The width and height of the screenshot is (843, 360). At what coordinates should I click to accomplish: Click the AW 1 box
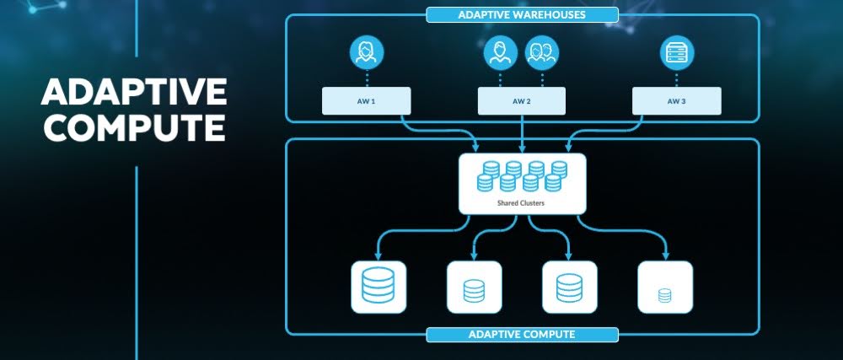click(366, 101)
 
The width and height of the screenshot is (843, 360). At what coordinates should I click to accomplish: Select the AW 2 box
click(521, 101)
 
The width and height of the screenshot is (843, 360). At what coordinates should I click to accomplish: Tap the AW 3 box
click(676, 101)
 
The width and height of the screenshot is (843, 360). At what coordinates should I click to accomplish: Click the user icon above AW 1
click(366, 53)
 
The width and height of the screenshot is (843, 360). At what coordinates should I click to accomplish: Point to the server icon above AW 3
click(676, 53)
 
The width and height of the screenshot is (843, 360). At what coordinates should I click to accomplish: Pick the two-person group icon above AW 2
click(540, 53)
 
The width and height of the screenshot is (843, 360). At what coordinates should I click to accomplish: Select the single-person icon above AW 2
click(501, 53)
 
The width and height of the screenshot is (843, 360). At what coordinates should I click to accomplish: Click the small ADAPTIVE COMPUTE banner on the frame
click(522, 335)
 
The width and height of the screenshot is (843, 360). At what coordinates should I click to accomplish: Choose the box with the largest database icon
click(378, 287)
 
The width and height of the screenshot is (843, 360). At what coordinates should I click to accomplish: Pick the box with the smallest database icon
click(665, 287)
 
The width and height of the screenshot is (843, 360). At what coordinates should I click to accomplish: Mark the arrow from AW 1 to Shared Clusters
click(438, 130)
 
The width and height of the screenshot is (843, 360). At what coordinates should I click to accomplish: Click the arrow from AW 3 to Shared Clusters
click(607, 130)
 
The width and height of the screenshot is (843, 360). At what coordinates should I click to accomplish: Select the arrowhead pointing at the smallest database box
click(665, 255)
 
